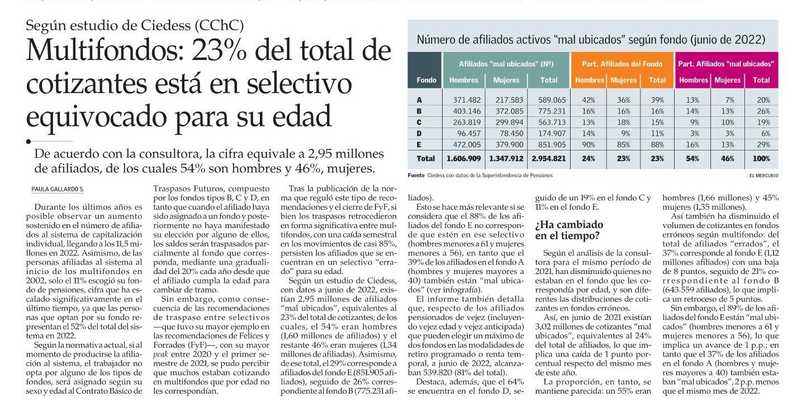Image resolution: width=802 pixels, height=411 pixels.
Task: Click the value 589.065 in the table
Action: point(552,100)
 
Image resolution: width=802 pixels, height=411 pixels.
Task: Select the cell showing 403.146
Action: point(467,111)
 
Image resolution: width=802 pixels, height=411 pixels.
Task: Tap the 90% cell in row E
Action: point(589,145)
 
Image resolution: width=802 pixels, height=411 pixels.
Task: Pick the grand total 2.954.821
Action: point(548,158)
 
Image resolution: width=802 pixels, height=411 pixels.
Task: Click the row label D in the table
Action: point(419,134)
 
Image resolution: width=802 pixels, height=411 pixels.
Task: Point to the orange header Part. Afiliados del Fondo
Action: point(622,64)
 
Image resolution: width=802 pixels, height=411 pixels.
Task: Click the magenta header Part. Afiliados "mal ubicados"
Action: point(726,64)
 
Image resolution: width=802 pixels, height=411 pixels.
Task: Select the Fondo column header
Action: point(426,80)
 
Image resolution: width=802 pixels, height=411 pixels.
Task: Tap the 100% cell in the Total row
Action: point(761,158)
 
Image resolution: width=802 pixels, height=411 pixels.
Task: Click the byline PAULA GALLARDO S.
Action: point(58,189)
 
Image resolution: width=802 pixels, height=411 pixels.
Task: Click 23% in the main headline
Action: point(219,50)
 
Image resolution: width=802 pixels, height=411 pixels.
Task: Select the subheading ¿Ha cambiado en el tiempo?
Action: point(569,230)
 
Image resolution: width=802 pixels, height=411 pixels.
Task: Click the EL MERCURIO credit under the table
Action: point(763,176)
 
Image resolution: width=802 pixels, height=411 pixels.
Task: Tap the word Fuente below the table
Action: point(416,175)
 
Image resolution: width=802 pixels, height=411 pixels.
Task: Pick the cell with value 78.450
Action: point(510,134)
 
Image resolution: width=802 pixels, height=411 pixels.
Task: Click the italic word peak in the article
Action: point(161,355)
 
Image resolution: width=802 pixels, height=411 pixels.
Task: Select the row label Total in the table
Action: point(426,158)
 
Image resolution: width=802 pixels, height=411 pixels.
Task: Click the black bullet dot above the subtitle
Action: point(29,141)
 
